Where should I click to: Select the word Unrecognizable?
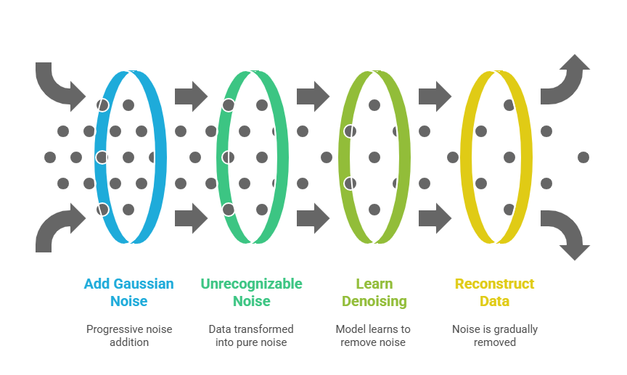[251, 284]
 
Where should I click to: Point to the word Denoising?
[374, 301]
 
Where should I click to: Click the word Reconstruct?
[494, 284]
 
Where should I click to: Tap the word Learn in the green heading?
[374, 284]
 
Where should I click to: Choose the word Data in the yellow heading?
[494, 301]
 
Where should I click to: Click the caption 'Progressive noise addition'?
[129, 335]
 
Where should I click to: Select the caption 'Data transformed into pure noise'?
[251, 335]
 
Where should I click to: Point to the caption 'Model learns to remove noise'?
[373, 335]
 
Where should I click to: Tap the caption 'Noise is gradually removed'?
[494, 335]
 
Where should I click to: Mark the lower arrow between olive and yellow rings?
[435, 218]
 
